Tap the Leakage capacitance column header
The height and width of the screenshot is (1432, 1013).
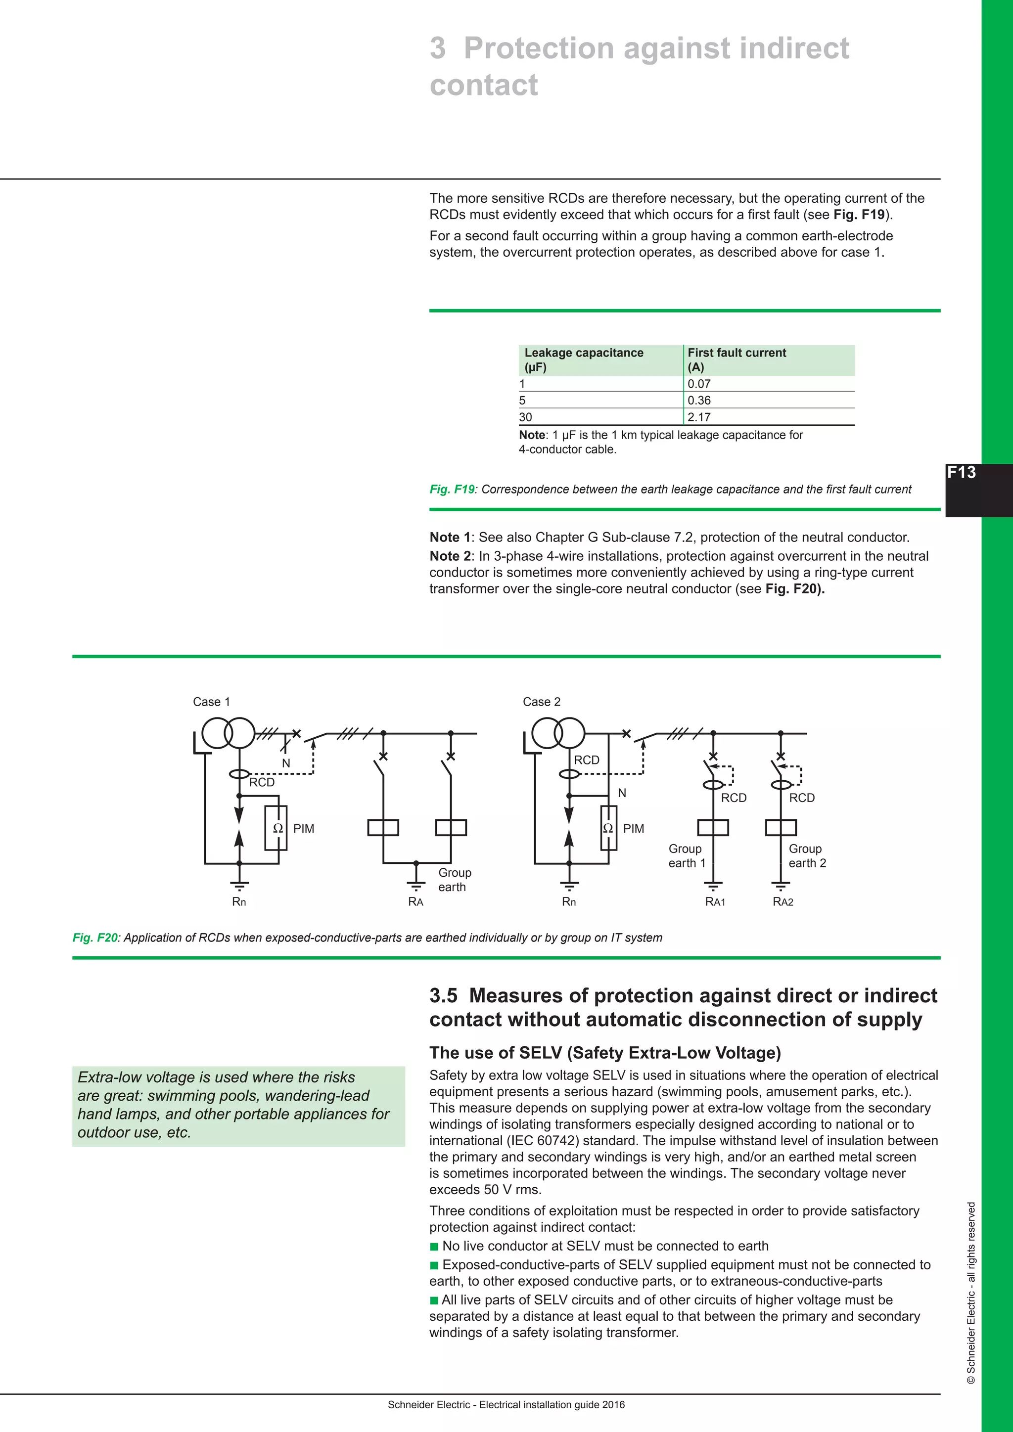pos(583,359)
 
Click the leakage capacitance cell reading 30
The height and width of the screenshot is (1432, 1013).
pos(526,417)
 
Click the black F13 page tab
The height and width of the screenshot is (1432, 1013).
pos(977,490)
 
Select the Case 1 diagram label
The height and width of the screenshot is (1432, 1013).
pos(212,702)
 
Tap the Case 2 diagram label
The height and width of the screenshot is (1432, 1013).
pos(542,702)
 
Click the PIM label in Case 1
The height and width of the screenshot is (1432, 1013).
pos(304,828)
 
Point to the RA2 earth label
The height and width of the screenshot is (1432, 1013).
pos(783,902)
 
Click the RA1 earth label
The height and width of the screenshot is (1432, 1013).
pos(715,902)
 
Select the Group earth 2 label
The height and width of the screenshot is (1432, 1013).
pos(807,856)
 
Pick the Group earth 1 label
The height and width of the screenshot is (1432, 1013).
pos(686,856)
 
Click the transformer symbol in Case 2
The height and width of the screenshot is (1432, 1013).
pos(558,733)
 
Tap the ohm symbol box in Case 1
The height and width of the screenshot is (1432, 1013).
pos(276,828)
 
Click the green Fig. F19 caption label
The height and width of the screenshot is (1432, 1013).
pos(452,490)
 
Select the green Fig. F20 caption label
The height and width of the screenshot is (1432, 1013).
pos(95,938)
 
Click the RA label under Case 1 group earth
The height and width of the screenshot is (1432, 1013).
pos(415,902)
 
